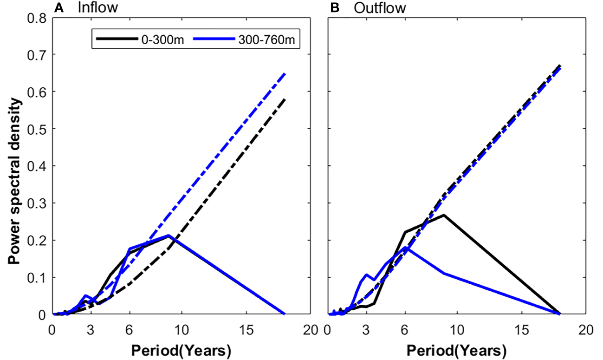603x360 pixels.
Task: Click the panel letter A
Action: (x=58, y=7)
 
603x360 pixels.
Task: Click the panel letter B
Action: (x=334, y=7)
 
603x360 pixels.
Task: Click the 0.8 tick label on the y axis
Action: (x=37, y=18)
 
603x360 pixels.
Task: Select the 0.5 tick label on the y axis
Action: (x=37, y=129)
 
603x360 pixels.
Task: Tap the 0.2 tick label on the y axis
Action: (x=37, y=240)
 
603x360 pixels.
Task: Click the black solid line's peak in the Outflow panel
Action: (x=444, y=215)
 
